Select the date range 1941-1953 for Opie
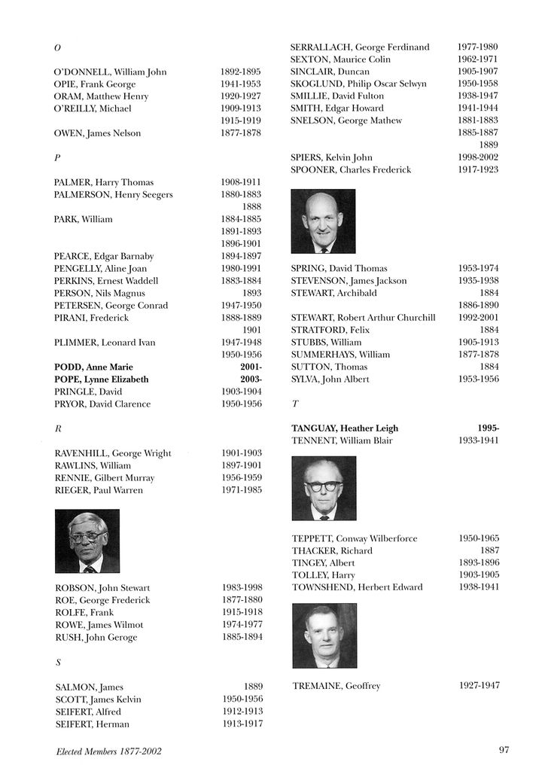(x=240, y=84)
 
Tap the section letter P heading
(x=57, y=158)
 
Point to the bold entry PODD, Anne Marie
(x=97, y=367)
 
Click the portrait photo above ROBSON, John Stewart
(x=87, y=541)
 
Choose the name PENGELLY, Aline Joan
(x=100, y=269)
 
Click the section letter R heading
(x=58, y=428)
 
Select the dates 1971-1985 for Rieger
(x=242, y=490)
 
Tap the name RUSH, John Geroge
(x=96, y=637)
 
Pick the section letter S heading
(x=58, y=663)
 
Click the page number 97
(x=504, y=749)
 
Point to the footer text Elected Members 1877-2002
(x=108, y=751)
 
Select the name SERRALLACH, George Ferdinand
(x=360, y=47)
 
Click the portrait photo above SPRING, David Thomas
(x=323, y=221)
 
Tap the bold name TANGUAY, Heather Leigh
(x=344, y=428)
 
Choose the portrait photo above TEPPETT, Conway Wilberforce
(x=324, y=488)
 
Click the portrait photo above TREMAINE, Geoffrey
(x=324, y=635)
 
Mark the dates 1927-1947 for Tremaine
(x=479, y=686)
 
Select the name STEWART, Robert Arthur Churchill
(x=363, y=318)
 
